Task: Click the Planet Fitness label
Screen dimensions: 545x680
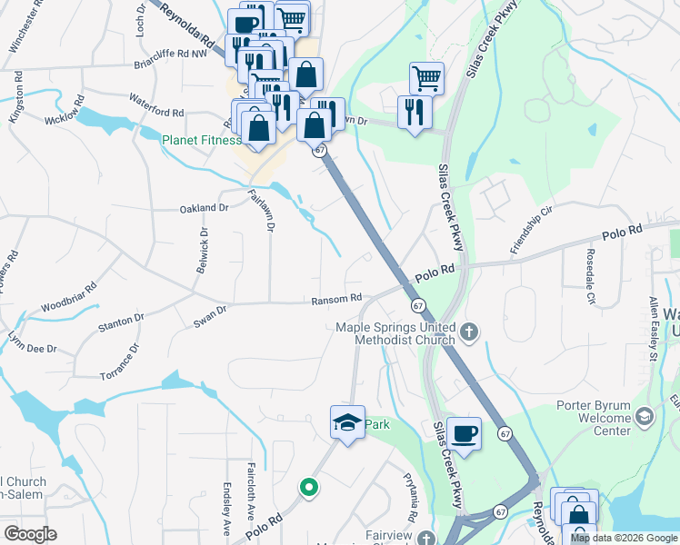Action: (x=201, y=140)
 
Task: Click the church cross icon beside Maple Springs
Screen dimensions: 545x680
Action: (x=469, y=332)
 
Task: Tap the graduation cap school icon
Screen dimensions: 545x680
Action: (x=347, y=422)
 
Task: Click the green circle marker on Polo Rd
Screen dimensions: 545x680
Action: (x=309, y=489)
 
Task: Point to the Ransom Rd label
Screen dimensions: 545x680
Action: (x=336, y=298)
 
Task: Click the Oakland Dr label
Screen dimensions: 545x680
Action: (x=205, y=208)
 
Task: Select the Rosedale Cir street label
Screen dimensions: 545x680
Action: (x=589, y=276)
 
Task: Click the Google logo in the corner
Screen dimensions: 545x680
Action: (x=30, y=534)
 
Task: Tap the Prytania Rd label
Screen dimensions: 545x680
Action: (x=411, y=506)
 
